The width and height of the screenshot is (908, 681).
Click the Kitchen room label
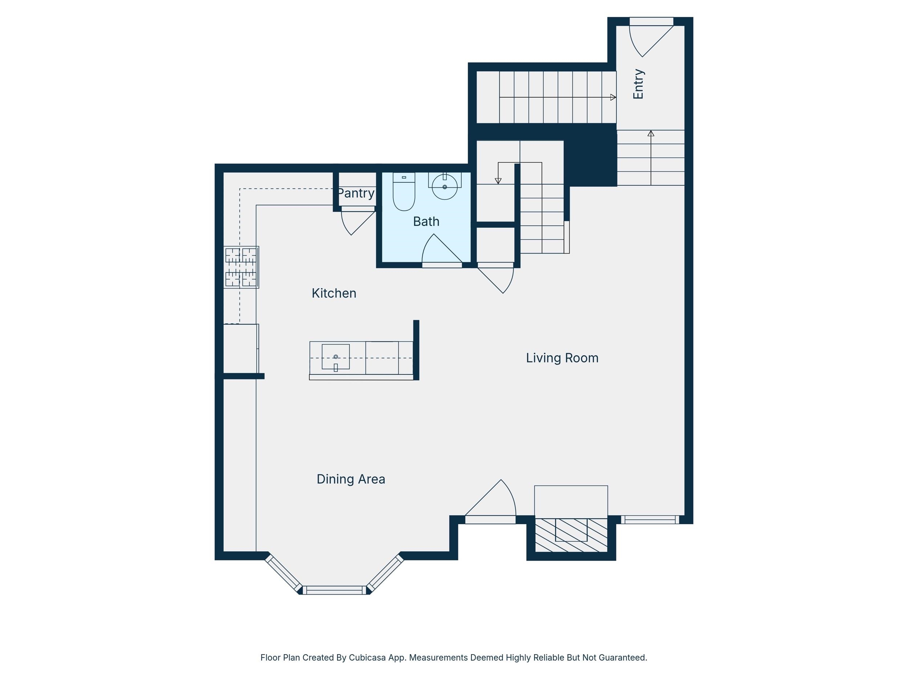(334, 293)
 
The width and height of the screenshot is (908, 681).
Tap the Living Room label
(562, 358)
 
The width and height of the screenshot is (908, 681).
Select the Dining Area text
(350, 479)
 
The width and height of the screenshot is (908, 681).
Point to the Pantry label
(356, 193)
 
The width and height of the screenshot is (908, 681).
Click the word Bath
(426, 222)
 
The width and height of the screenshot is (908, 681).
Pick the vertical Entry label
(638, 84)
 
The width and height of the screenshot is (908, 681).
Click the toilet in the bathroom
(404, 191)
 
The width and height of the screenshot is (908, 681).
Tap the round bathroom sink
(445, 187)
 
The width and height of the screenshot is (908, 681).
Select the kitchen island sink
(336, 357)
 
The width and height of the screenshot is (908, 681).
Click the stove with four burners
(241, 267)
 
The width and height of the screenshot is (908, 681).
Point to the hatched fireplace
(571, 535)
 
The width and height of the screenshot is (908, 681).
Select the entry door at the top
(652, 39)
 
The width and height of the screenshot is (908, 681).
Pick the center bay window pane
(335, 590)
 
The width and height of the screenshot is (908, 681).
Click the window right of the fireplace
(650, 520)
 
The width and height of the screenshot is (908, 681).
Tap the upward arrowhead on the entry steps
(650, 133)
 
